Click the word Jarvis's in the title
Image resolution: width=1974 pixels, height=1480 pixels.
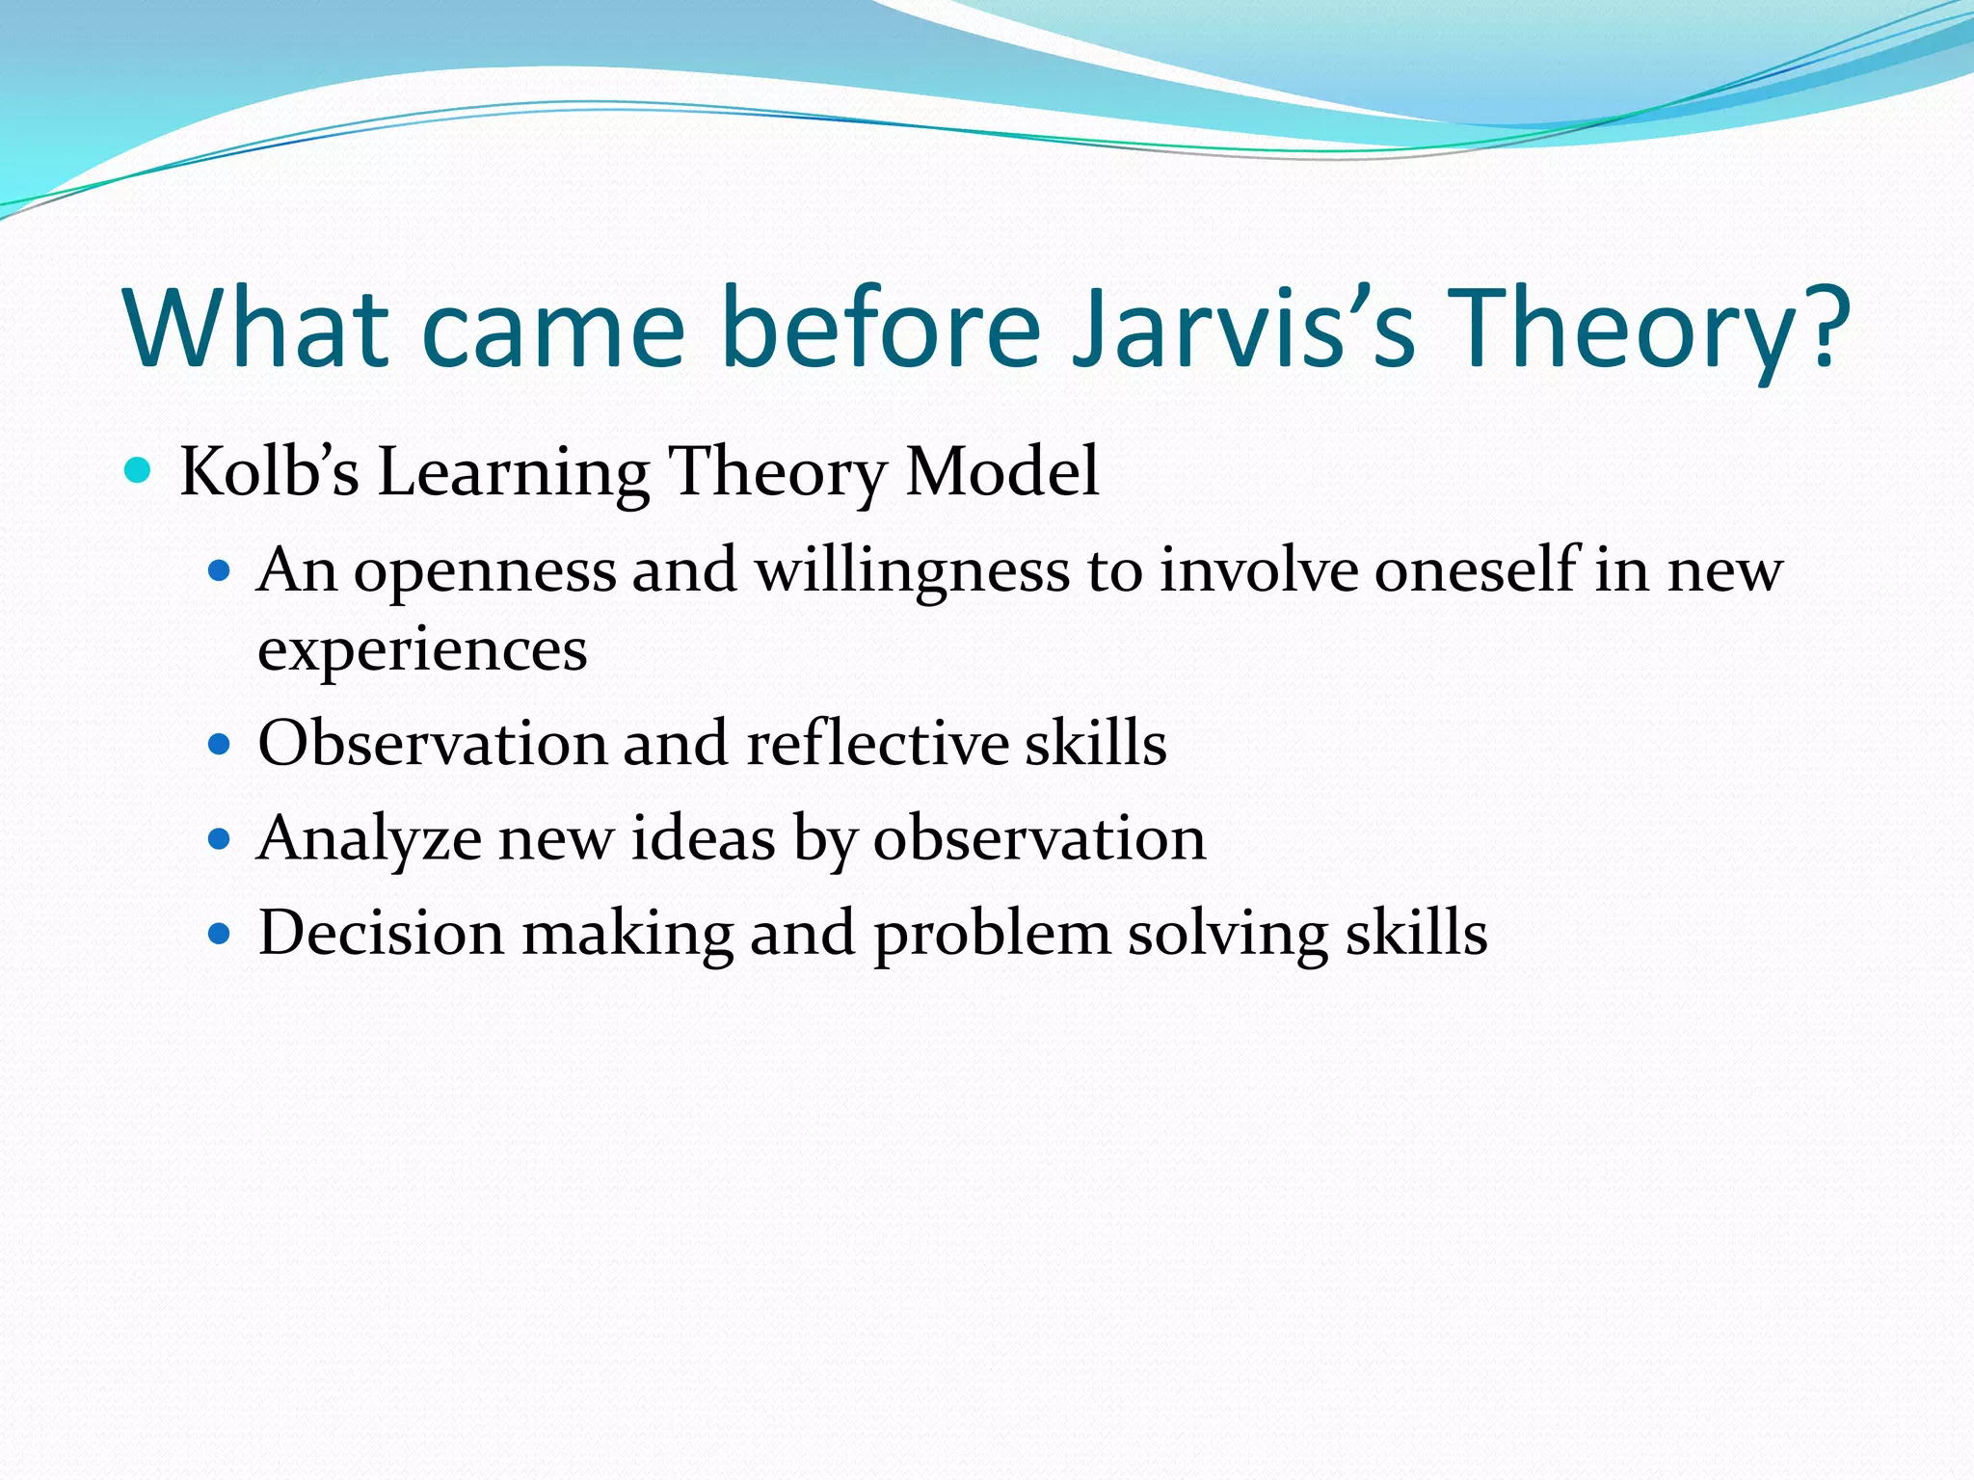click(1243, 328)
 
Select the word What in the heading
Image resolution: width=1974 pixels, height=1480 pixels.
click(255, 328)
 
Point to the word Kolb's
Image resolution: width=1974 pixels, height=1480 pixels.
click(269, 472)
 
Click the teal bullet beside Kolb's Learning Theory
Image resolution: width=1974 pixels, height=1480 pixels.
click(139, 471)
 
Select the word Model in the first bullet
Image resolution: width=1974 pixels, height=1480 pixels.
click(1002, 472)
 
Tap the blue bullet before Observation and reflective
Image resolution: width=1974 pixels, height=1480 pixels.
click(221, 745)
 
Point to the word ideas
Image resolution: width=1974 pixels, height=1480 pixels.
click(703, 838)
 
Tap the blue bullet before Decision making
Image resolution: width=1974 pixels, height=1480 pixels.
click(221, 934)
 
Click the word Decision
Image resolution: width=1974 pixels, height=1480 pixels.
click(382, 934)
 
